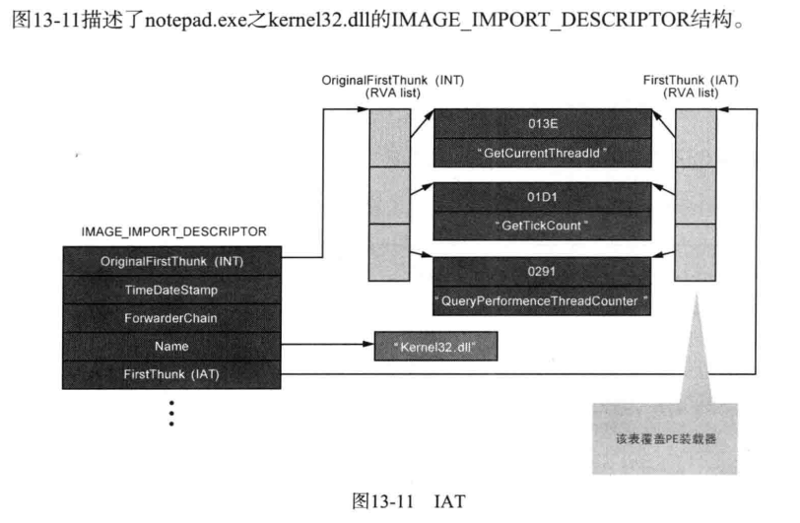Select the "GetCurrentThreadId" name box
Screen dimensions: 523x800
542,153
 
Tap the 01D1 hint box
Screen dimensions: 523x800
542,195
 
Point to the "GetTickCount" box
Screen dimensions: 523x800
542,225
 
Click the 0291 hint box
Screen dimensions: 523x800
542,268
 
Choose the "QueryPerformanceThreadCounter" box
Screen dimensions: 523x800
542,298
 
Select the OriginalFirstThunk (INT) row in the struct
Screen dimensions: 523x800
172,261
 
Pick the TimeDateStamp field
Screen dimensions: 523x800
172,290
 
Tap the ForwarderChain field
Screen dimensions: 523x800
172,318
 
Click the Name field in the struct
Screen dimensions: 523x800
172,347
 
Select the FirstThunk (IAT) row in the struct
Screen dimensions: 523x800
172,375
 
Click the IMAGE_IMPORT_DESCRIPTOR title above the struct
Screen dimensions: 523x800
173,231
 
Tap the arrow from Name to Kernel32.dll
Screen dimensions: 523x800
326,347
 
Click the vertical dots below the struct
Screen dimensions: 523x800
172,412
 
